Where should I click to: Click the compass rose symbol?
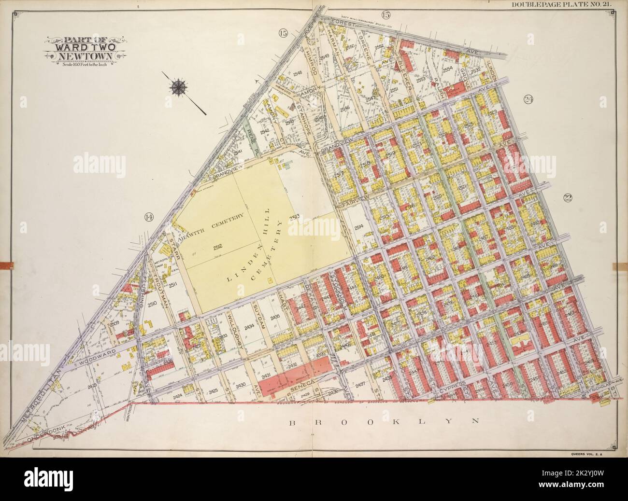(180, 87)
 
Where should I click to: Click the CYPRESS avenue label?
(451, 389)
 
